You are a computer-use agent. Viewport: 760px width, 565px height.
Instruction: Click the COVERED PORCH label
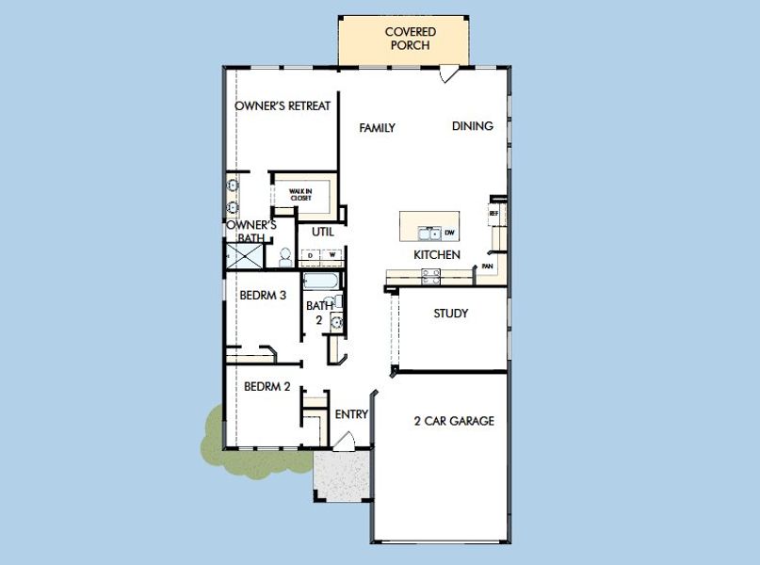point(411,39)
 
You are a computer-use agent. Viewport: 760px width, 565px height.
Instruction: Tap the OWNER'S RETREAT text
point(283,106)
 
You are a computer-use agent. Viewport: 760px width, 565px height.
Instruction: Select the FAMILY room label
point(377,128)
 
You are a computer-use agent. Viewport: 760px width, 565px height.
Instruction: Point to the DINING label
point(472,126)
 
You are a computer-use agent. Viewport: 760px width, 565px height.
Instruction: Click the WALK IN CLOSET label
point(300,195)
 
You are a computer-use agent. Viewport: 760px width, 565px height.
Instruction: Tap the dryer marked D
point(311,255)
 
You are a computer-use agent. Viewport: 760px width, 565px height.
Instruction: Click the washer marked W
point(331,255)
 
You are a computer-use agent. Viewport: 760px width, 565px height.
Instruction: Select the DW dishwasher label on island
point(449,233)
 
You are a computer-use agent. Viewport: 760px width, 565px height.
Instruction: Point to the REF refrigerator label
point(493,214)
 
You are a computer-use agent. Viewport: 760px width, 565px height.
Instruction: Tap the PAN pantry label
point(487,266)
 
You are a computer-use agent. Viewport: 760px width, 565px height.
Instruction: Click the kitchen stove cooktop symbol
point(430,275)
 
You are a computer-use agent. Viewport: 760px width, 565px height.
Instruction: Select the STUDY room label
point(450,314)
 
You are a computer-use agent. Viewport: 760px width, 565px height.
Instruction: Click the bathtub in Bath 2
point(320,282)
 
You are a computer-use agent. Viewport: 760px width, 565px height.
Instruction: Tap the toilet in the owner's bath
point(284,256)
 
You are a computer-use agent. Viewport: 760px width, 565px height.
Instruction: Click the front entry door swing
point(344,440)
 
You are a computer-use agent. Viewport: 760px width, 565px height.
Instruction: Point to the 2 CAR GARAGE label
point(454,421)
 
